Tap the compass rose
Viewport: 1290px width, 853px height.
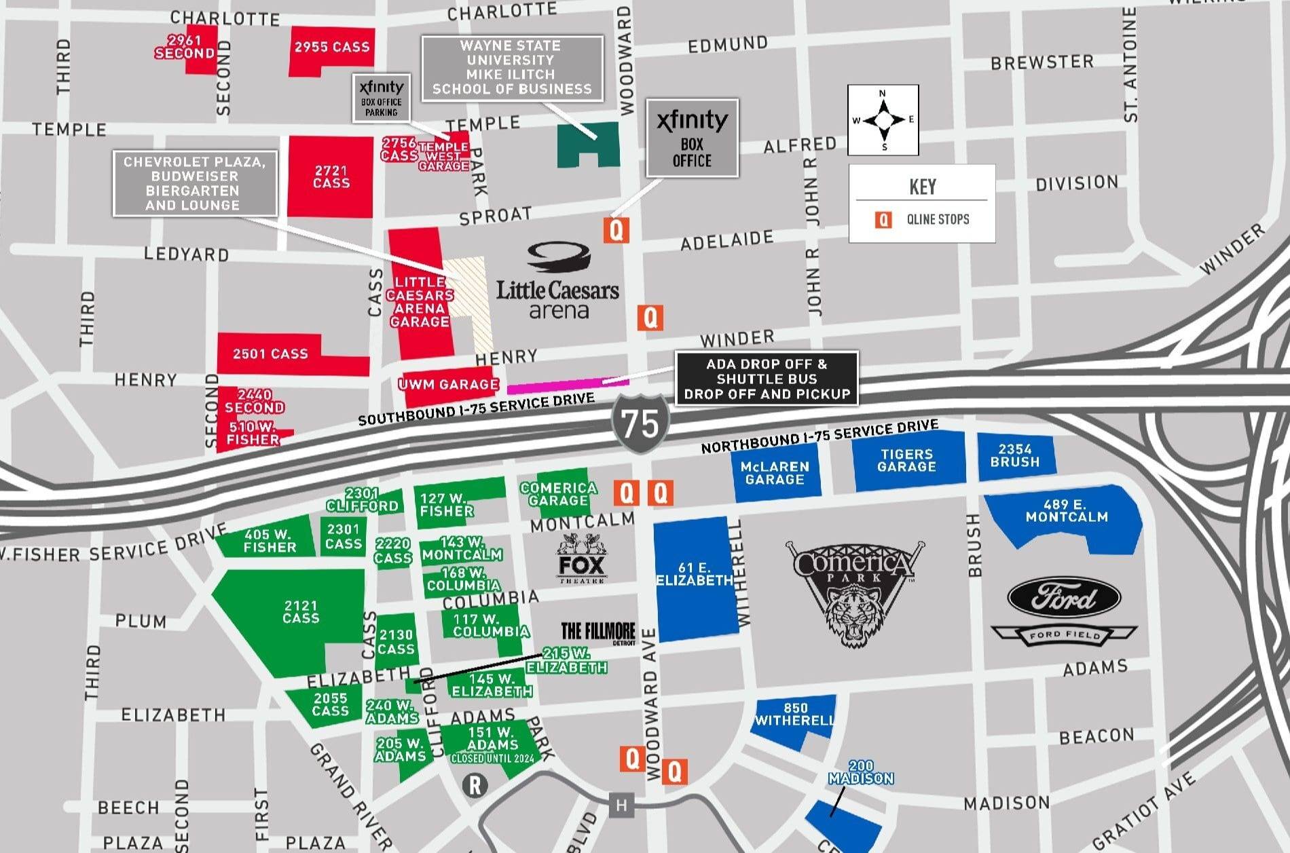click(883, 120)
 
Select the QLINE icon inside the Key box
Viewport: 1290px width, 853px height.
click(883, 219)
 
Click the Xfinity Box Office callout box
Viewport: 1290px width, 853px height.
click(692, 138)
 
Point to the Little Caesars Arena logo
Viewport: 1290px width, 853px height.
click(558, 282)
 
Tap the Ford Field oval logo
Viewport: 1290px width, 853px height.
click(1063, 598)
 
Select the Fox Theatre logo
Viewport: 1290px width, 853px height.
click(582, 558)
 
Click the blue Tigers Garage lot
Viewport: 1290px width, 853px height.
click(908, 461)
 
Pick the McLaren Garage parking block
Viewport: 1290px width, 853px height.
click(775, 473)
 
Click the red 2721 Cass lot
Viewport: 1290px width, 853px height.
click(331, 176)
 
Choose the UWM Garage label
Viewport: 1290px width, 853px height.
click(449, 385)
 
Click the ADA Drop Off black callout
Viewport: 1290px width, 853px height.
click(767, 379)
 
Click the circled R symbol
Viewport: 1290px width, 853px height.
click(475, 786)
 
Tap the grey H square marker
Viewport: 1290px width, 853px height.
click(621, 805)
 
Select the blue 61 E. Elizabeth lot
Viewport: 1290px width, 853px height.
click(695, 579)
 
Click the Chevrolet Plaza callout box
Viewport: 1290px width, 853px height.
click(195, 183)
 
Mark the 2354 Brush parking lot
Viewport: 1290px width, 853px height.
click(1015, 455)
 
